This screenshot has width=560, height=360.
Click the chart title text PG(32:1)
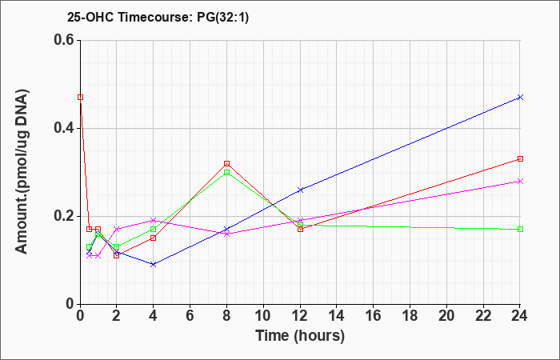[222, 17]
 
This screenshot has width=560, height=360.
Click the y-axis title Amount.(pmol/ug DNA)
[22, 172]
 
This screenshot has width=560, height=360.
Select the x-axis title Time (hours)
[300, 336]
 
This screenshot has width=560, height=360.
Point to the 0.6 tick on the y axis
[66, 40]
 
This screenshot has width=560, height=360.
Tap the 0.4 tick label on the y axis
[66, 128]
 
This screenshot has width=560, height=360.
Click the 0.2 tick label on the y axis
[66, 216]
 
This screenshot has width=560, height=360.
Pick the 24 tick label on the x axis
[520, 315]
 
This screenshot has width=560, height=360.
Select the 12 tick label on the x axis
[300, 315]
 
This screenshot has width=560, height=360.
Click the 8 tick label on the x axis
[226, 315]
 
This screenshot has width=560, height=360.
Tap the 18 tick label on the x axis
[410, 315]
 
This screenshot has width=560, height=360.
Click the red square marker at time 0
[80, 97]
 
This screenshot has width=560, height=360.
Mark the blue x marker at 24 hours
[520, 97]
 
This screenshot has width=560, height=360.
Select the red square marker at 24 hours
[520, 159]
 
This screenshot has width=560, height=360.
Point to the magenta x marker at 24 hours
[520, 181]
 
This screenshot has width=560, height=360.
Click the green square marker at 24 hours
[520, 230]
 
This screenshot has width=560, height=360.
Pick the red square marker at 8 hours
[226, 163]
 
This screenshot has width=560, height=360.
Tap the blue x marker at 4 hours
[154, 264]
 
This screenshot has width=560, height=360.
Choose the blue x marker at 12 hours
[300, 190]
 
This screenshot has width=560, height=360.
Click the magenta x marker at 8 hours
[226, 234]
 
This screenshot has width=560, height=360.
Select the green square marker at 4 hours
[154, 230]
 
